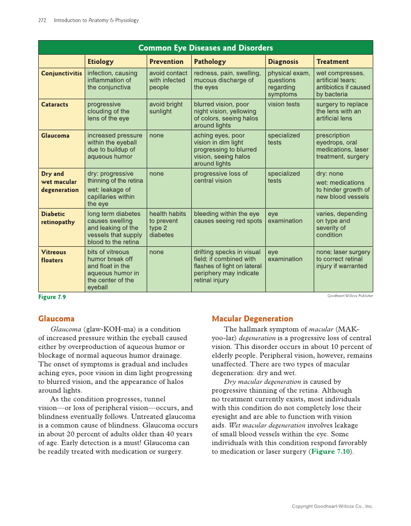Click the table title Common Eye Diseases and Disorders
(x=205, y=47)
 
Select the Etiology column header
(x=100, y=61)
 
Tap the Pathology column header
(x=210, y=61)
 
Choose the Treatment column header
(x=332, y=61)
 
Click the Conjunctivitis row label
(x=61, y=74)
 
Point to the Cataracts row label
(x=55, y=105)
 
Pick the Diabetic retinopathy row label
(x=58, y=218)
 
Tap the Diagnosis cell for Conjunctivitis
(x=289, y=84)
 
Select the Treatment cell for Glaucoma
(x=342, y=146)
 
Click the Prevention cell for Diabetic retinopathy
(x=167, y=224)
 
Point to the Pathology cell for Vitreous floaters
(x=227, y=266)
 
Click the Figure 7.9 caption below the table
(x=52, y=297)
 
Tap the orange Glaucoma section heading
(x=56, y=319)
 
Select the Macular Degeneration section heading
(x=252, y=319)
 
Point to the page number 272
(x=42, y=20)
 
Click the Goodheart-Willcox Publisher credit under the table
(x=350, y=296)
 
